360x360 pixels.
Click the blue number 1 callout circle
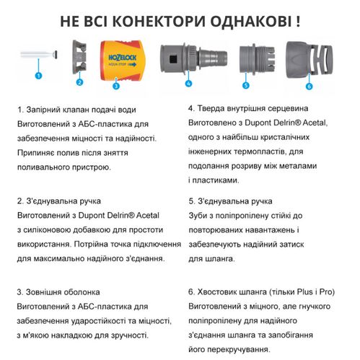[x=38, y=74]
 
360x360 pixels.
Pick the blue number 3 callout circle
[x=115, y=86]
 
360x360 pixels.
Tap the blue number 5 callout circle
[x=245, y=85]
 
